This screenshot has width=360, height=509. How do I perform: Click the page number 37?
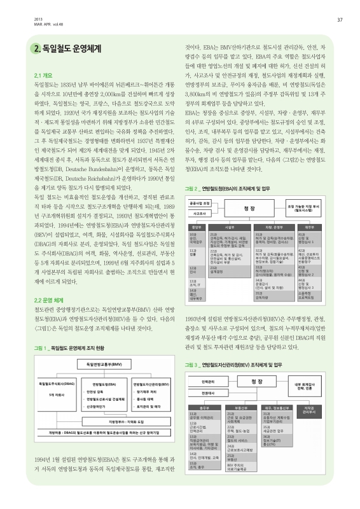click(340, 20)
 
